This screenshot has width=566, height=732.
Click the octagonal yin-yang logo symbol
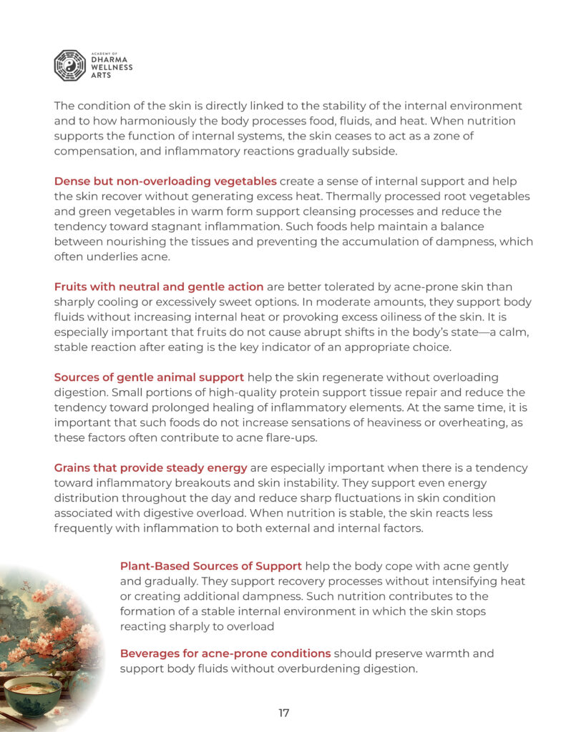pos(70,65)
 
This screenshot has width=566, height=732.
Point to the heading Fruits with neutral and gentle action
pos(159,287)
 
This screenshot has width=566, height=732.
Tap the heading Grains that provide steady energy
pos(150,468)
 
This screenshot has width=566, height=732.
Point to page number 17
pos(283,713)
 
